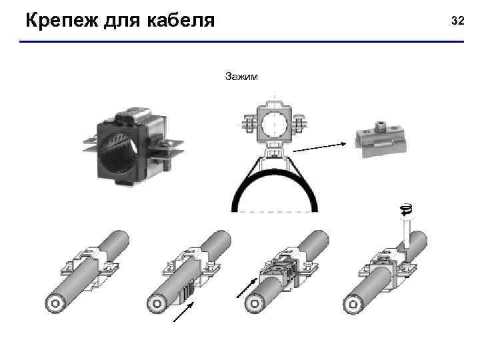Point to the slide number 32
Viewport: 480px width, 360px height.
(x=457, y=21)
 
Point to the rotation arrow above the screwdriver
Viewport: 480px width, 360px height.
(x=406, y=209)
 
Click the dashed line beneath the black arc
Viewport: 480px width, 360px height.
(x=273, y=211)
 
